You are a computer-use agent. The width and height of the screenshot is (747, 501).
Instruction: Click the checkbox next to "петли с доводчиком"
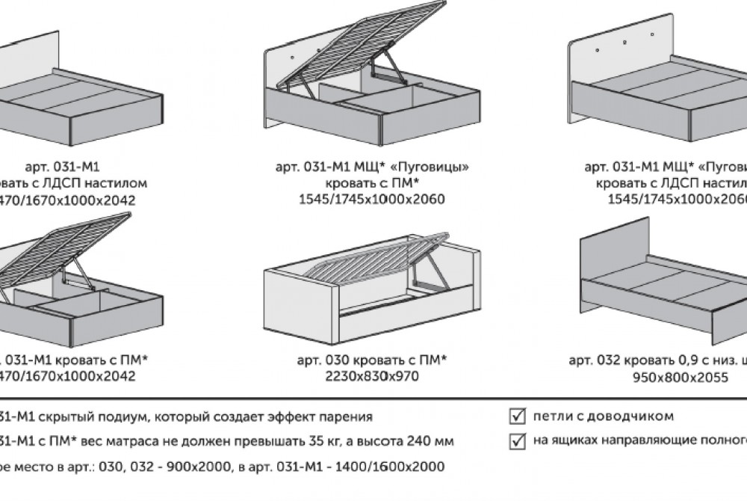click(x=515, y=416)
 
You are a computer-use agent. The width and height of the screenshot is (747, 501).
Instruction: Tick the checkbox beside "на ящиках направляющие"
click(x=515, y=441)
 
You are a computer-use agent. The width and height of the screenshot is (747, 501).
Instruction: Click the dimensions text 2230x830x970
click(x=372, y=377)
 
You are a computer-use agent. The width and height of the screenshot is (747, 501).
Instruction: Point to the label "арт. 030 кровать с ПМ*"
click(x=372, y=360)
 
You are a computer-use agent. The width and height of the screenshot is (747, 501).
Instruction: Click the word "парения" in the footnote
click(x=345, y=417)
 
